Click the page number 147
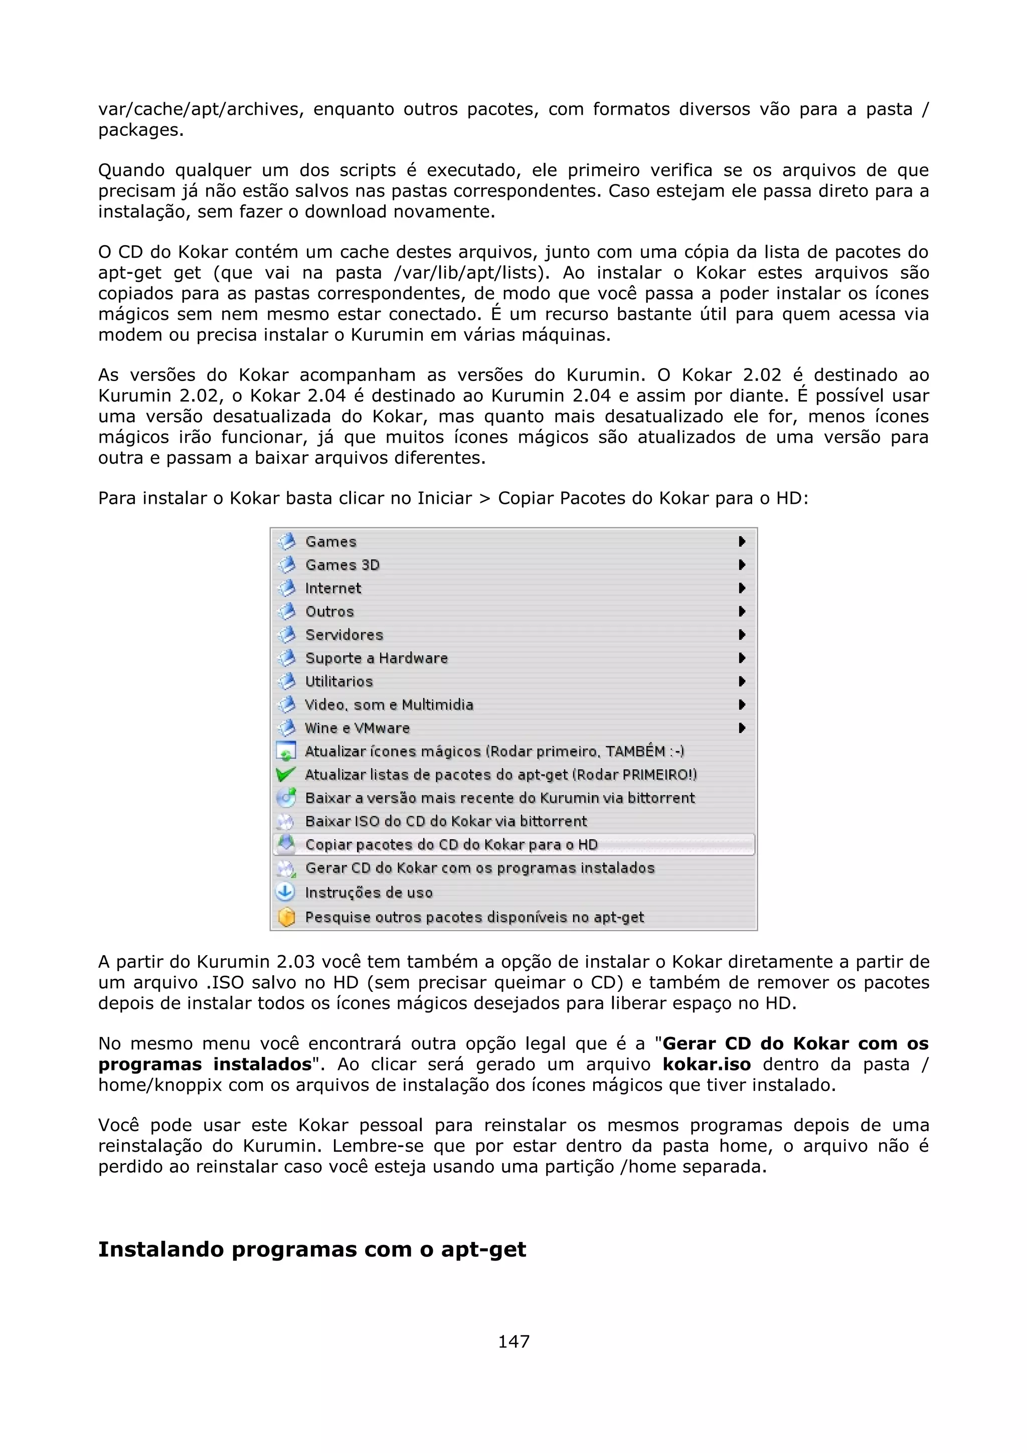click(513, 1341)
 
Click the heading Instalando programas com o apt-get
click(312, 1249)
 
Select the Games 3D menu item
click(343, 565)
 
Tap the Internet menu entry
click(333, 588)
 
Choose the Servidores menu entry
click(344, 635)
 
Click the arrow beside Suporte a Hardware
click(742, 658)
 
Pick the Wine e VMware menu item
click(357, 728)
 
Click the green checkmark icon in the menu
click(286, 774)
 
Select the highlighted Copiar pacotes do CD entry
click(451, 844)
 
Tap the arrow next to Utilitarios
click(742, 681)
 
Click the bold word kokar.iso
click(706, 1064)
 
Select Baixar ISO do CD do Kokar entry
click(446, 821)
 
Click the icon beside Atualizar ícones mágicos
click(286, 751)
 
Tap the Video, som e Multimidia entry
click(389, 704)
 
